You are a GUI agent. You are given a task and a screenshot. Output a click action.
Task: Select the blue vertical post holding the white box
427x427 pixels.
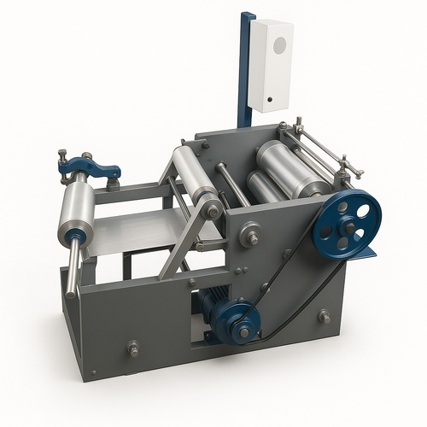coord(247,68)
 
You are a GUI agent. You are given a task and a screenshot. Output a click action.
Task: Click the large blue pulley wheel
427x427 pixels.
coord(346,226)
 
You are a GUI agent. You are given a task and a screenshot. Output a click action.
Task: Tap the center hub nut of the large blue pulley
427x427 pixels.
coord(348,227)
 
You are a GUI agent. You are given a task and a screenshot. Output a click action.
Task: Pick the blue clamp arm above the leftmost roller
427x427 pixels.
coord(88,167)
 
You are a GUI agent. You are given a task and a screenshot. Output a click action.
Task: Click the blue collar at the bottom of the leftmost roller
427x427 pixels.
coord(77,234)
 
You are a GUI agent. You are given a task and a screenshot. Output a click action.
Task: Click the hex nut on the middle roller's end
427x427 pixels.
coord(213,208)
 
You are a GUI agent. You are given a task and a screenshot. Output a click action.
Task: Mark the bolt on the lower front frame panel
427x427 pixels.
coord(133,348)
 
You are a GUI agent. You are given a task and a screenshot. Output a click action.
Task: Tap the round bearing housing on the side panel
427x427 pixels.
coord(250,233)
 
